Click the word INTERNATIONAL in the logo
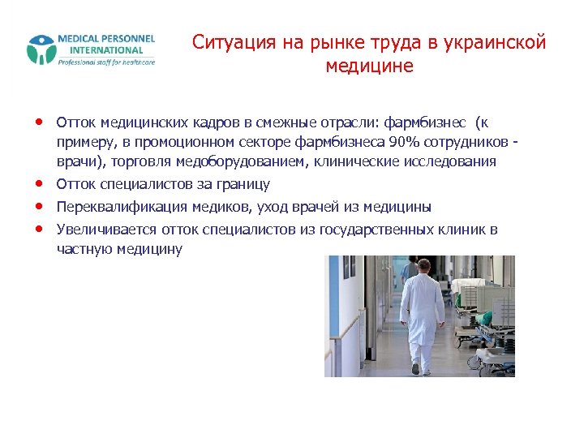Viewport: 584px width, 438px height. pyautogui.click(x=105, y=49)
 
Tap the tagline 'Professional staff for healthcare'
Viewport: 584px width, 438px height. pyautogui.click(x=105, y=62)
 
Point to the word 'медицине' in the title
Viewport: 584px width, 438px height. pyautogui.click(x=369, y=66)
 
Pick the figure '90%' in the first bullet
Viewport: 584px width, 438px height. pyautogui.click(x=405, y=142)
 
